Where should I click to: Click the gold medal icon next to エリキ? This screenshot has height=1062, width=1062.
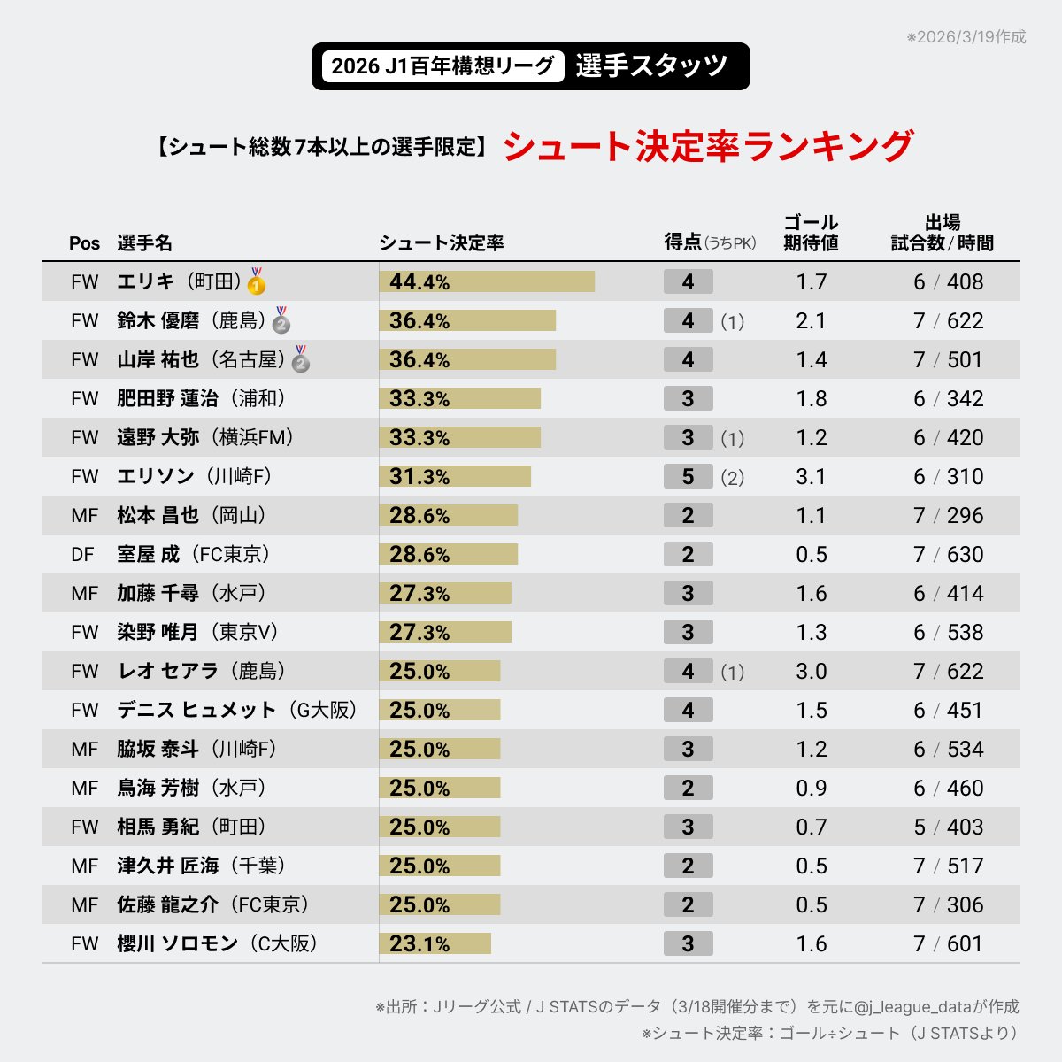click(257, 281)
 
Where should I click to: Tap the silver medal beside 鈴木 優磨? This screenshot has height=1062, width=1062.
click(281, 320)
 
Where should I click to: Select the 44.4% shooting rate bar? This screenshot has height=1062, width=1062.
click(487, 281)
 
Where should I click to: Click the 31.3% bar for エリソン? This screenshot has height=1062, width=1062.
click(455, 476)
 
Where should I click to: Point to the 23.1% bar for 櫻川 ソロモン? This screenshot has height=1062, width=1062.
click(435, 943)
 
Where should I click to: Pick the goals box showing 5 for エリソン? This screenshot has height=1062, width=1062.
click(688, 476)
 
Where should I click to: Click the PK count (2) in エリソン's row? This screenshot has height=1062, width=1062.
click(732, 478)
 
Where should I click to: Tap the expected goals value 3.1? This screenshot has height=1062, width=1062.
click(811, 476)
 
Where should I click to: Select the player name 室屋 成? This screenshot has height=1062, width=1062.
click(148, 554)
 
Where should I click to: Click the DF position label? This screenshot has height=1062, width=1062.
click(82, 554)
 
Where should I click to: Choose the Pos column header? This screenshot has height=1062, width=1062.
click(85, 243)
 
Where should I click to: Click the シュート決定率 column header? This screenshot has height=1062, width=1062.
click(442, 243)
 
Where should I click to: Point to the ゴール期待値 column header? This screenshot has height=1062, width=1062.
click(811, 233)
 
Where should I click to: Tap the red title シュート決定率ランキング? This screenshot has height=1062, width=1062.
click(708, 146)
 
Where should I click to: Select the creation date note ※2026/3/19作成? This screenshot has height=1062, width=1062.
click(966, 37)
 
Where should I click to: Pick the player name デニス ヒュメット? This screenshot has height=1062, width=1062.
click(196, 710)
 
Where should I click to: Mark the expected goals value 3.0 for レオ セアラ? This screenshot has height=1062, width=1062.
click(811, 671)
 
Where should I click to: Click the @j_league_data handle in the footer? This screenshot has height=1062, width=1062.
click(912, 1007)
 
